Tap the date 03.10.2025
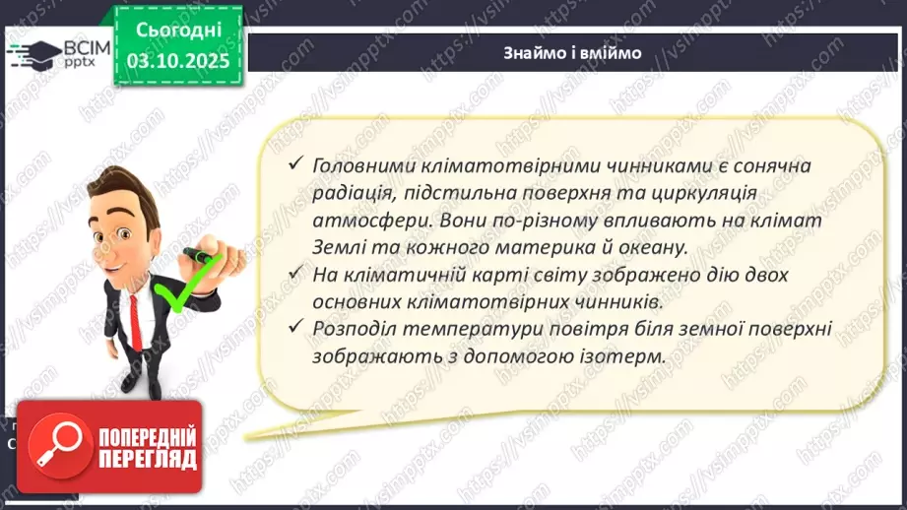click(178, 61)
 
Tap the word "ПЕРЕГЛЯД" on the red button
click(144, 460)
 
